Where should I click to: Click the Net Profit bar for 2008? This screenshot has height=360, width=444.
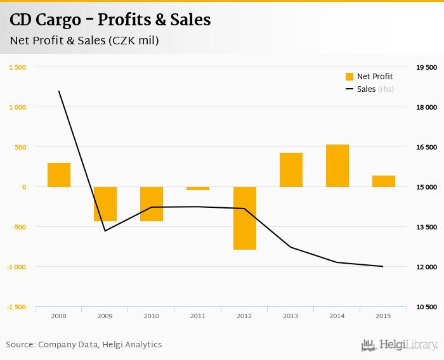pyautogui.click(x=59, y=175)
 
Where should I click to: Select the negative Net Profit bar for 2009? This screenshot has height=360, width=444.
pyautogui.click(x=105, y=204)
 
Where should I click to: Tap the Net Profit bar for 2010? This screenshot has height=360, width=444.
pyautogui.click(x=152, y=204)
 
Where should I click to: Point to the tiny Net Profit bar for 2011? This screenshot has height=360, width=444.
pyautogui.click(x=198, y=188)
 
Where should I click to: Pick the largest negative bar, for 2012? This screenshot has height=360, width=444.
pyautogui.click(x=244, y=218)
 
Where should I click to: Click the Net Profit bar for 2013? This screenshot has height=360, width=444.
pyautogui.click(x=291, y=170)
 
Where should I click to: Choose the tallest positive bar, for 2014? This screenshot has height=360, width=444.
pyautogui.click(x=337, y=166)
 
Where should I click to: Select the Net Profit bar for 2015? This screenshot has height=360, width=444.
pyautogui.click(x=384, y=181)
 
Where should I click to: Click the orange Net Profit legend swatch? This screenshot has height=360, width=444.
pyautogui.click(x=349, y=77)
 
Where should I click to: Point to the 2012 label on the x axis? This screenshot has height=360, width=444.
pyautogui.click(x=244, y=316)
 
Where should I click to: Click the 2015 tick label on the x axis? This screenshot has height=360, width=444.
pyautogui.click(x=383, y=316)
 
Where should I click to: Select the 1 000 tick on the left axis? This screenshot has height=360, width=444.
pyautogui.click(x=18, y=107)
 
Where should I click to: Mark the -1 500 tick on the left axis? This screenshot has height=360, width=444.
pyautogui.click(x=16, y=307)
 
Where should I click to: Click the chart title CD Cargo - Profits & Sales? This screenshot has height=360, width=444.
pyautogui.click(x=110, y=20)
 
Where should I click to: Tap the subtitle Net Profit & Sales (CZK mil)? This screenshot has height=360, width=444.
pyautogui.click(x=84, y=41)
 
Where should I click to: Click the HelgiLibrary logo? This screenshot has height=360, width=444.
pyautogui.click(x=399, y=345)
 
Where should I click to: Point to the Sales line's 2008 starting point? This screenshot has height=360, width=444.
pyautogui.click(x=59, y=91)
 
